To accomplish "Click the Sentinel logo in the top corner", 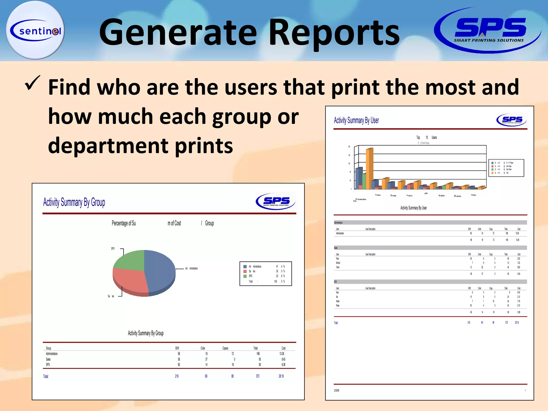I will pyautogui.click(x=35, y=30).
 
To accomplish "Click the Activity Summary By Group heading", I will pyautogui.click(x=74, y=202).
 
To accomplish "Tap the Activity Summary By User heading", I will pyautogui.click(x=356, y=120).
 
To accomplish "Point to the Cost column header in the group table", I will pyautogui.click(x=283, y=348).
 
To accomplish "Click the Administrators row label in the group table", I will pyautogui.click(x=52, y=354).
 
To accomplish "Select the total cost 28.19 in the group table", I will pyautogui.click(x=281, y=376).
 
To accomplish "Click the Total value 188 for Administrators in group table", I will pyautogui.click(x=258, y=354).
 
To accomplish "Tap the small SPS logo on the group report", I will pyautogui.click(x=276, y=201).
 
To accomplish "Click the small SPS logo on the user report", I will pyautogui.click(x=511, y=120).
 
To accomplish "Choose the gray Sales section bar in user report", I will pyautogui.click(x=430, y=248).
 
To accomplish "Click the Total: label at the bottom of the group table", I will pyautogui.click(x=46, y=376).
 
